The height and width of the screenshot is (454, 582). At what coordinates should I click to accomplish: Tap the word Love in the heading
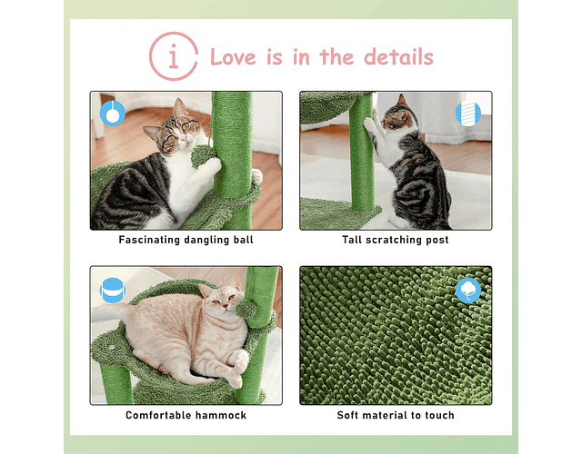pyautogui.click(x=233, y=57)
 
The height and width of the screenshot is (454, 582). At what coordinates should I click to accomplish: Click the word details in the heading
pyautogui.click(x=398, y=57)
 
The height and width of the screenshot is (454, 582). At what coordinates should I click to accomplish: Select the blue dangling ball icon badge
pyautogui.click(x=113, y=113)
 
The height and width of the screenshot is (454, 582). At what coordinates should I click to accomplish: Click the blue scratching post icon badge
pyautogui.click(x=468, y=113)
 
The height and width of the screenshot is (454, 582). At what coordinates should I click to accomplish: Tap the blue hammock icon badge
pyautogui.click(x=113, y=291)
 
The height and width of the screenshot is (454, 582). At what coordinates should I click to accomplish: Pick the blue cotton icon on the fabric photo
pyautogui.click(x=468, y=291)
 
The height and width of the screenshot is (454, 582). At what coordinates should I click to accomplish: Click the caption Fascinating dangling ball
pyautogui.click(x=186, y=240)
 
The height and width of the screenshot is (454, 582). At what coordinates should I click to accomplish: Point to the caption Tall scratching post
pyautogui.click(x=396, y=240)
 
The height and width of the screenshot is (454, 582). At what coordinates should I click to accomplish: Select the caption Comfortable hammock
pyautogui.click(x=186, y=415)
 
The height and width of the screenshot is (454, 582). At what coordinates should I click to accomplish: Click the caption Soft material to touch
pyautogui.click(x=396, y=415)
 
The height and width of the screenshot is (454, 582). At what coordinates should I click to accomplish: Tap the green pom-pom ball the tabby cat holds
pyautogui.click(x=203, y=156)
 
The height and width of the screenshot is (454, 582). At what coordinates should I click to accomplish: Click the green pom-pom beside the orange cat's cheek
pyautogui.click(x=246, y=309)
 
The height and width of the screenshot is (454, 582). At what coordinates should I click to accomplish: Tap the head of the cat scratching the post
pyautogui.click(x=397, y=117)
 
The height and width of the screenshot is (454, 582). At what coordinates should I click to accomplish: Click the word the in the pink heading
pyautogui.click(x=336, y=57)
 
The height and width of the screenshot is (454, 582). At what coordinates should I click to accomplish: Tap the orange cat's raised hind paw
pyautogui.click(x=240, y=361)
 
